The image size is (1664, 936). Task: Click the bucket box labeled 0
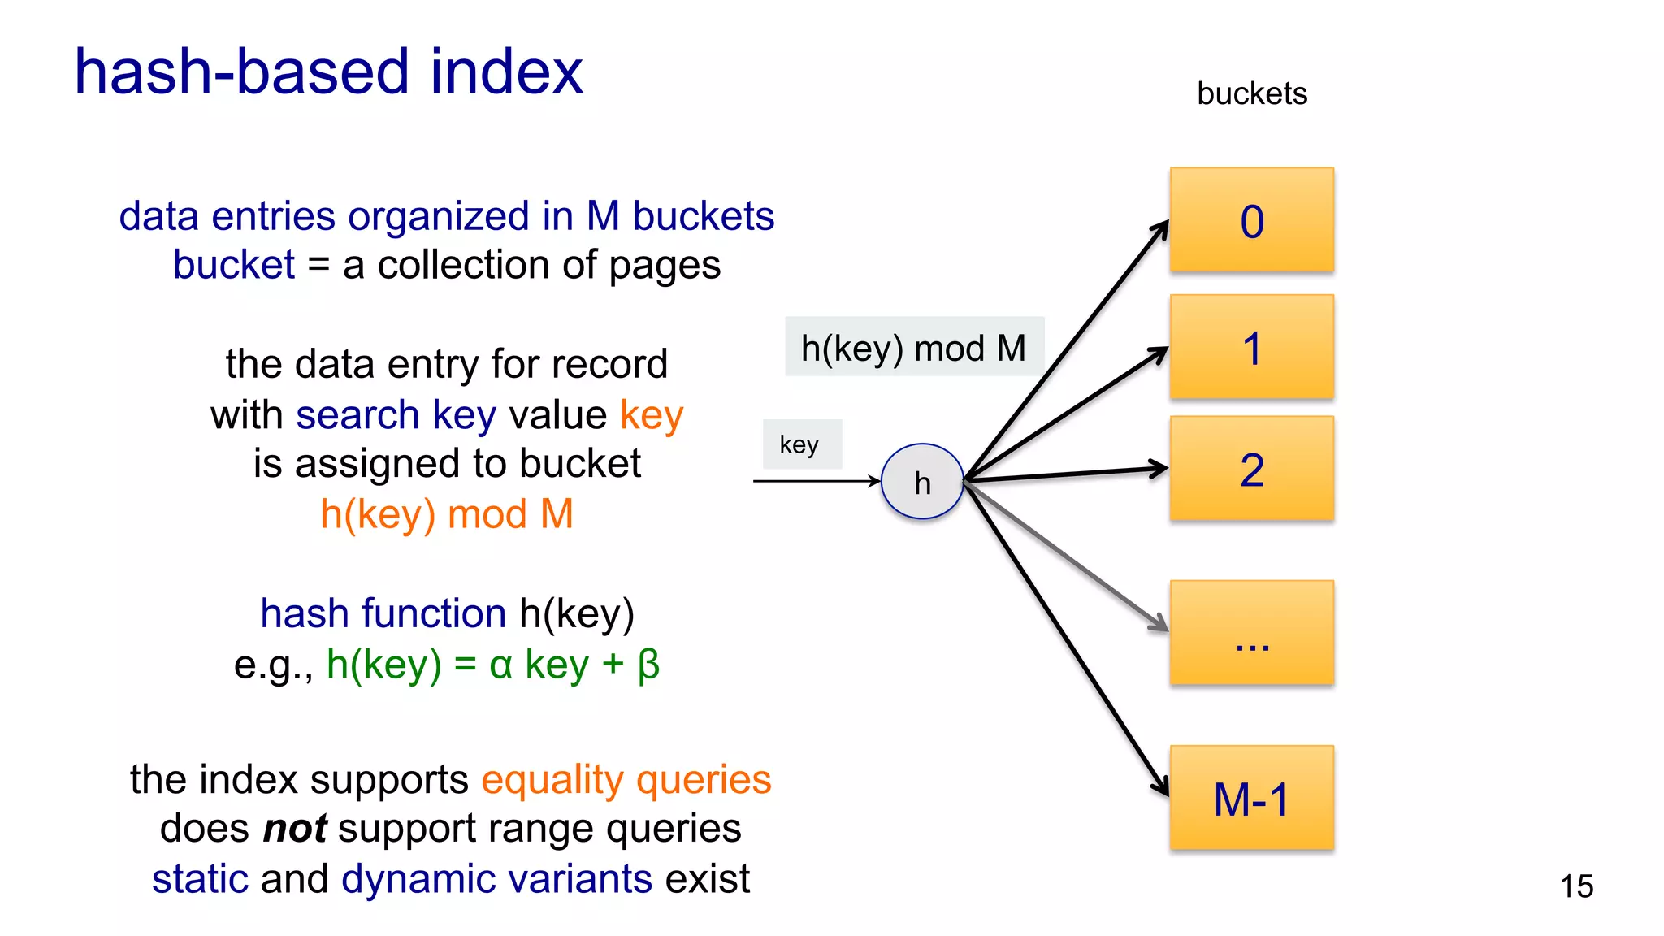(x=1251, y=220)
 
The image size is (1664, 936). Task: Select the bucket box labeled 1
(x=1251, y=347)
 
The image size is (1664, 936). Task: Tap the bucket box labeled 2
(x=1251, y=469)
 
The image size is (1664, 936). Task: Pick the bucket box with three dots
(x=1251, y=633)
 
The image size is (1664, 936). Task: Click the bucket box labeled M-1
(x=1251, y=798)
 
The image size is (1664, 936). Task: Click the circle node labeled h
(x=922, y=482)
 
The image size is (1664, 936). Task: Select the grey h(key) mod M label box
(x=913, y=348)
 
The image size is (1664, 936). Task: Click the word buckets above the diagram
(x=1251, y=94)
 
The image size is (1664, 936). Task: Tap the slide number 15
(x=1576, y=886)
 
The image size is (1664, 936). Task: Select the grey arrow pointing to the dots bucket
(x=1072, y=561)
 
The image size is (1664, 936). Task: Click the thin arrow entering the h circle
(x=812, y=481)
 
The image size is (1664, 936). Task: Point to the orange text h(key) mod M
(x=447, y=514)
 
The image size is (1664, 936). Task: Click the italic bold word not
(x=295, y=830)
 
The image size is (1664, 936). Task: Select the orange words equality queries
(x=626, y=780)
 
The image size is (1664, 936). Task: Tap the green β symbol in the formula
(x=648, y=665)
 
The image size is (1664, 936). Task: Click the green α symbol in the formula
(x=500, y=665)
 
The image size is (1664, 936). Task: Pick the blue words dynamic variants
(x=496, y=879)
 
